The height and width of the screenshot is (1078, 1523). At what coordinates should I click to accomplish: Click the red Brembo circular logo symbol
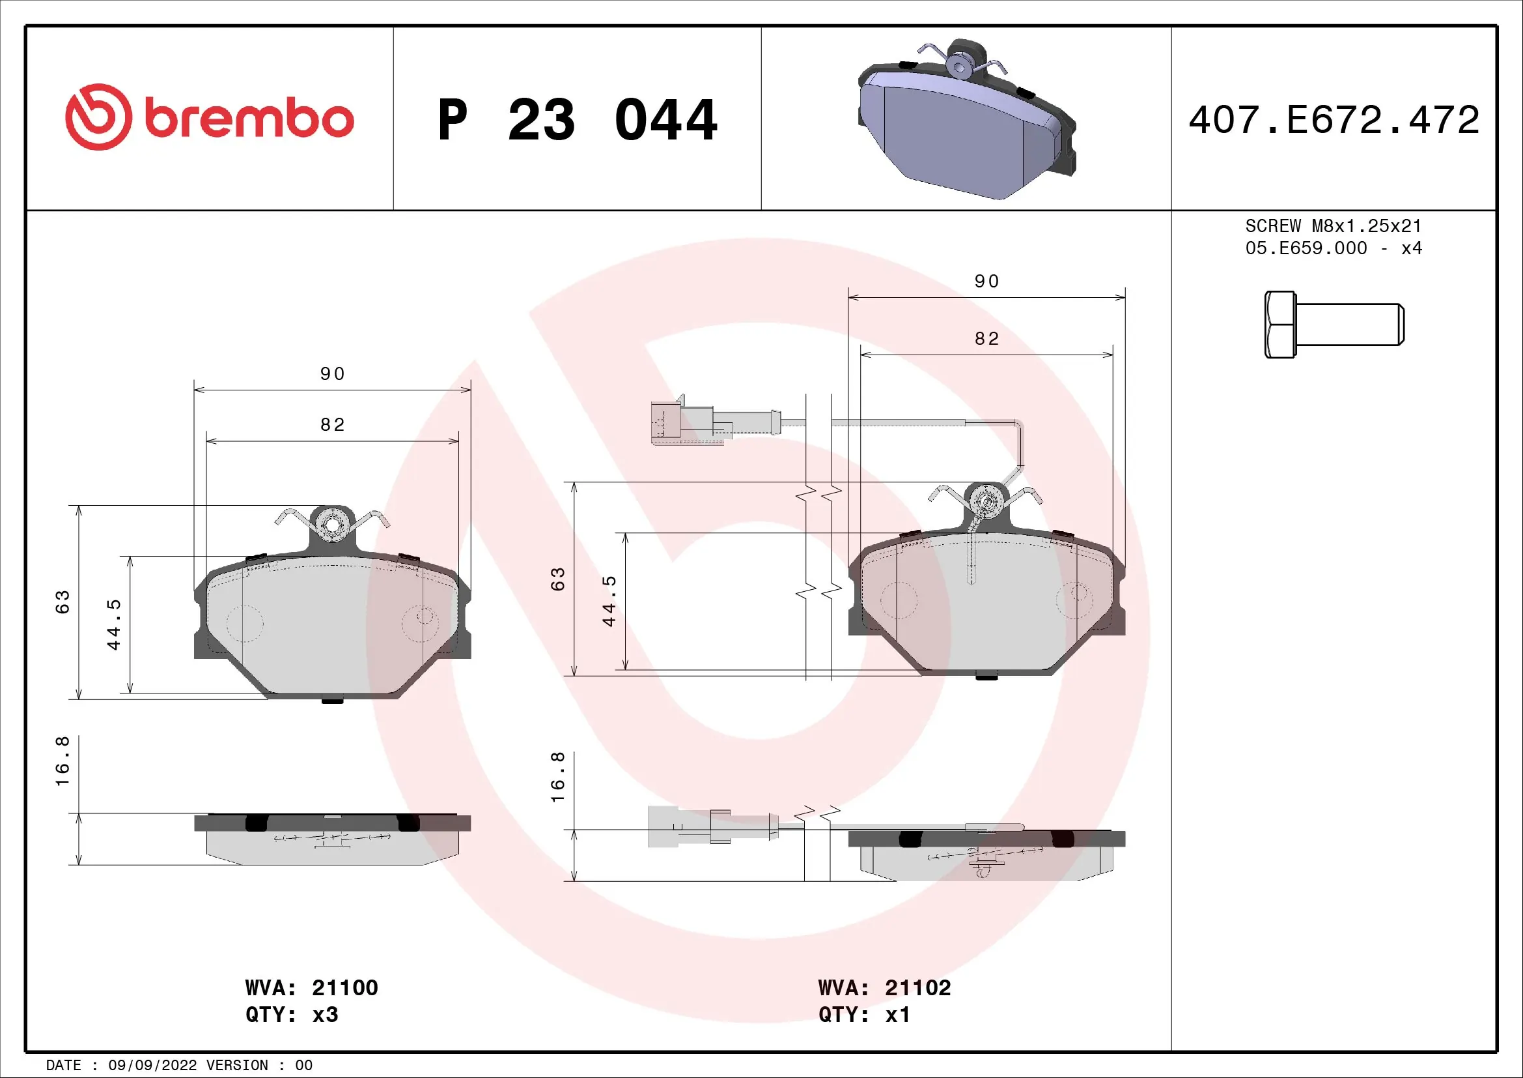(x=98, y=117)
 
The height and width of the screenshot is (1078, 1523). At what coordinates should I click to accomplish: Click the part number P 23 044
(x=577, y=120)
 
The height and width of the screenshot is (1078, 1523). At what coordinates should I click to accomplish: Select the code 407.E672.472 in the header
(x=1334, y=120)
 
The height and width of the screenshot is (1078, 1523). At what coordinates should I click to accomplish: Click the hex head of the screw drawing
(x=1279, y=325)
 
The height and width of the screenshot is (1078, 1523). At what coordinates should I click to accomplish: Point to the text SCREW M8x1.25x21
(x=1334, y=226)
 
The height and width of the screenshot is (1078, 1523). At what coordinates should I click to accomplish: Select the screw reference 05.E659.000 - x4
(x=1334, y=248)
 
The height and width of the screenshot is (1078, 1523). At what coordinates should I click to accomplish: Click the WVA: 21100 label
(x=311, y=987)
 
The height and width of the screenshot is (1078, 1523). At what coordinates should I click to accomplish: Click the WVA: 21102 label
(x=884, y=987)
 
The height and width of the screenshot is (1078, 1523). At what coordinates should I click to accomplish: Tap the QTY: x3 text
(x=292, y=1015)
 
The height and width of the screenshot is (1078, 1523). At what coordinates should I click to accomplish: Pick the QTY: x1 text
(x=864, y=1015)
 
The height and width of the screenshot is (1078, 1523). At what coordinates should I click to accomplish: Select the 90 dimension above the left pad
(x=332, y=373)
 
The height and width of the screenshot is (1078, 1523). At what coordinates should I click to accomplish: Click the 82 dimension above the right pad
(x=986, y=339)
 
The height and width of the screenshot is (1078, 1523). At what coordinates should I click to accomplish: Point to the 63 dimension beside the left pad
(x=62, y=602)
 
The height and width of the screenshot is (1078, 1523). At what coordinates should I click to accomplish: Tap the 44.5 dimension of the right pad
(x=609, y=602)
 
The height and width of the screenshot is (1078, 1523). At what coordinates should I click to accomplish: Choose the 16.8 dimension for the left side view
(x=62, y=761)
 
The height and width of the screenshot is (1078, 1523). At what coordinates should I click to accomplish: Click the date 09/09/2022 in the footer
(x=152, y=1066)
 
